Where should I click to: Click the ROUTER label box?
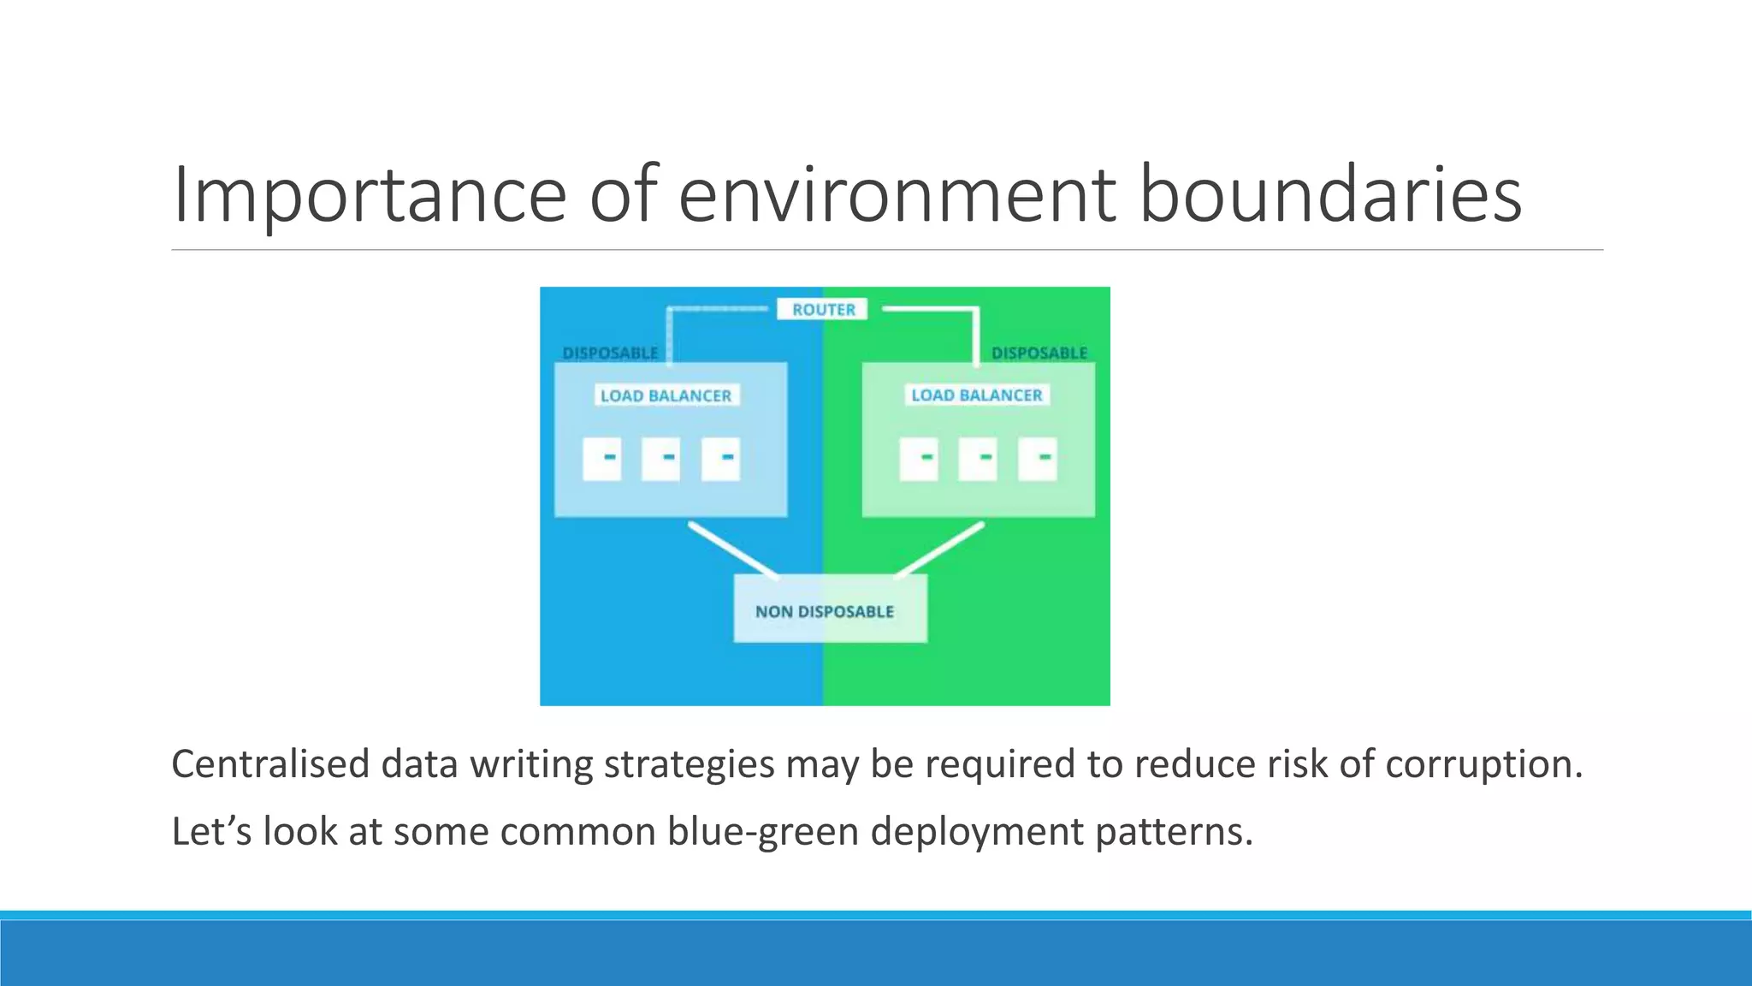pyautogui.click(x=822, y=309)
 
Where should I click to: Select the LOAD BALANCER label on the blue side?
pyautogui.click(x=666, y=395)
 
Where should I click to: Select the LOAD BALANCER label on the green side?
pyautogui.click(x=977, y=395)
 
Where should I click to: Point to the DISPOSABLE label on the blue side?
pyautogui.click(x=610, y=353)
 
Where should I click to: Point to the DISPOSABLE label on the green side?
pyautogui.click(x=1039, y=353)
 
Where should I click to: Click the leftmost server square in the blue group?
pyautogui.click(x=602, y=458)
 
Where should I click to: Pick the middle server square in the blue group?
pyautogui.click(x=661, y=458)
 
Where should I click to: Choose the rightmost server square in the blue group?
pyautogui.click(x=720, y=458)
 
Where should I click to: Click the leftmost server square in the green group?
pyautogui.click(x=919, y=458)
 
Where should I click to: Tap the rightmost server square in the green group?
pyautogui.click(x=1037, y=458)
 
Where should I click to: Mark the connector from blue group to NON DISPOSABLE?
pyautogui.click(x=733, y=549)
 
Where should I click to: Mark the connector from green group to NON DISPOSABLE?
pyautogui.click(x=939, y=549)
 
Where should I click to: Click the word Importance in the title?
pyautogui.click(x=369, y=195)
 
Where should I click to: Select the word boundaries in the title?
pyautogui.click(x=1330, y=195)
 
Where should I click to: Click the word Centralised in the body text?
pyautogui.click(x=270, y=763)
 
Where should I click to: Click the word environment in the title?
pyautogui.click(x=897, y=195)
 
